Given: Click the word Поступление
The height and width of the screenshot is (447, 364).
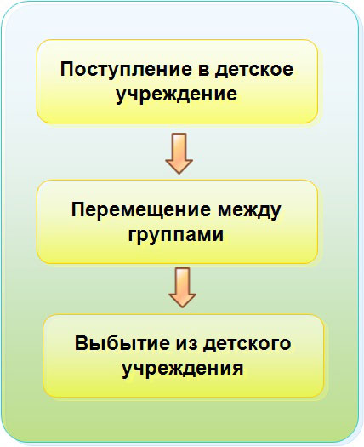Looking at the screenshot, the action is point(126,70).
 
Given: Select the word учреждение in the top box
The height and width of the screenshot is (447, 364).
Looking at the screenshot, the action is point(177,95).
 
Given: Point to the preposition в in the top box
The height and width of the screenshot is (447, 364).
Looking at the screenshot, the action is point(203,71).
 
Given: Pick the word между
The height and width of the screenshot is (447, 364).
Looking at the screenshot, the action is point(249,211).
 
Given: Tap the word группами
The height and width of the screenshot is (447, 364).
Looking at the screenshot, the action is point(176,235).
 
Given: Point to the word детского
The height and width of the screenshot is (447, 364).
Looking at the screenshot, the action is point(247,344).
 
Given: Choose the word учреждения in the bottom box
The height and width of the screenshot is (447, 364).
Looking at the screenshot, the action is point(183,370).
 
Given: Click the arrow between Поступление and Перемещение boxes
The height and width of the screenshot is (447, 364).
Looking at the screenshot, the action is point(179,153).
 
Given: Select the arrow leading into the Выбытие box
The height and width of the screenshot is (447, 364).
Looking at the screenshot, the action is point(182,288).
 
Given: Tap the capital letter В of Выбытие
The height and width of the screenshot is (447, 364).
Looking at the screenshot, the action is point(81,343).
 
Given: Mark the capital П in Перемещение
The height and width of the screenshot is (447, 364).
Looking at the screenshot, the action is point(78,209).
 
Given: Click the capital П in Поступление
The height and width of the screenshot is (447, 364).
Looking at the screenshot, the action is point(67,69).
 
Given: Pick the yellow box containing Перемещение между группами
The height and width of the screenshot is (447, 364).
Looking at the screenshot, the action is point(177,221).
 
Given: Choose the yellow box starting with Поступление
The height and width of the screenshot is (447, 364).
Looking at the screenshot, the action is point(177,82).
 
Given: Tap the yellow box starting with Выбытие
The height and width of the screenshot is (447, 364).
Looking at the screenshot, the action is point(184,356).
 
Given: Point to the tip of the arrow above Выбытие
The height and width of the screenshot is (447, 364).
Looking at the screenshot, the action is point(182,307).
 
